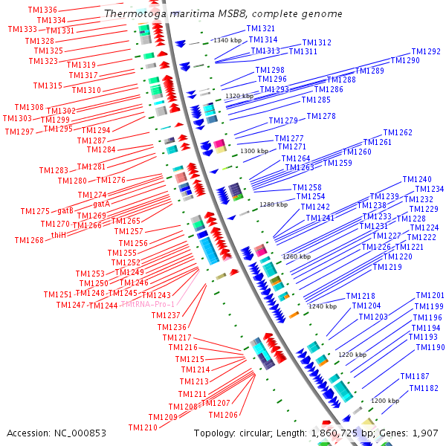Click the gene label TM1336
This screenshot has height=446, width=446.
pyautogui.click(x=41, y=10)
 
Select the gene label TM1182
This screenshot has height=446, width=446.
pyautogui.click(x=424, y=388)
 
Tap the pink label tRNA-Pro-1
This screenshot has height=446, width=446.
pyautogui.click(x=151, y=305)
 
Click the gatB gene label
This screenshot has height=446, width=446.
pyautogui.click(x=65, y=211)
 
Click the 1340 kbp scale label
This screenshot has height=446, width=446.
pyautogui.click(x=228, y=40)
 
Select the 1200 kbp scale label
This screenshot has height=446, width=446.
pyautogui.click(x=386, y=401)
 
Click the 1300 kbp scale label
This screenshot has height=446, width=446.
pyautogui.click(x=254, y=151)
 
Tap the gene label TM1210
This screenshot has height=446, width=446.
pyautogui.click(x=143, y=427)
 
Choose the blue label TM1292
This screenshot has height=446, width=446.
pyautogui.click(x=426, y=51)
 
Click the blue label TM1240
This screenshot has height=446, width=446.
pyautogui.click(x=417, y=180)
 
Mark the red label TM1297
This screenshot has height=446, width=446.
pyautogui.click(x=19, y=132)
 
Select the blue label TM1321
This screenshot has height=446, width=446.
pyautogui.click(x=261, y=28)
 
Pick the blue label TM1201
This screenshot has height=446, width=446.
pyautogui.click(x=430, y=296)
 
